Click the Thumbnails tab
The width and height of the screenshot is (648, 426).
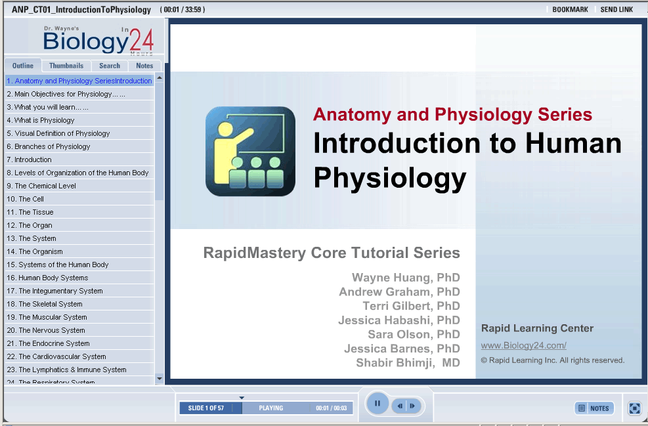click(66, 66)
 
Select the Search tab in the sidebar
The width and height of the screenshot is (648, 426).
click(110, 66)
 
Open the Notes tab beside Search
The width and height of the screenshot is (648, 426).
click(144, 66)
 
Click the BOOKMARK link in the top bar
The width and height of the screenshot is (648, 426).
click(570, 9)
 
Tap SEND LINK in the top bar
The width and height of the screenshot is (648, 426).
click(616, 9)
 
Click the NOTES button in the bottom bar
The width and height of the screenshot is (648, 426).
click(594, 408)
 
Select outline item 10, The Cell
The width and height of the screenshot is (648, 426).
click(25, 199)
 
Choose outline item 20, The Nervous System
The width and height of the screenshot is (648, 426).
click(46, 331)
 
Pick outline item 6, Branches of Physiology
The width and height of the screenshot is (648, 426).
click(49, 146)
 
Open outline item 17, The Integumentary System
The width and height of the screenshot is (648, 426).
click(54, 291)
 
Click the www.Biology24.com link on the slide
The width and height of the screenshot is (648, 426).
click(524, 345)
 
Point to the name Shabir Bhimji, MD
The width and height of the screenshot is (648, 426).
click(408, 363)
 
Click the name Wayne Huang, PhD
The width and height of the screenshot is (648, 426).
click(406, 278)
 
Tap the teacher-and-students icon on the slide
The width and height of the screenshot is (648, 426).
click(250, 151)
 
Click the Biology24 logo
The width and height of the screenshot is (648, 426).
click(98, 40)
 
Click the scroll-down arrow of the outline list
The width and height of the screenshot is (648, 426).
click(160, 379)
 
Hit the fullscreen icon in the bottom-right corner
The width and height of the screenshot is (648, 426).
click(634, 408)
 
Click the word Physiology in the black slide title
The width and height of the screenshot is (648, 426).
click(390, 178)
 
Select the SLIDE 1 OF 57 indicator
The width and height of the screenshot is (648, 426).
click(205, 408)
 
